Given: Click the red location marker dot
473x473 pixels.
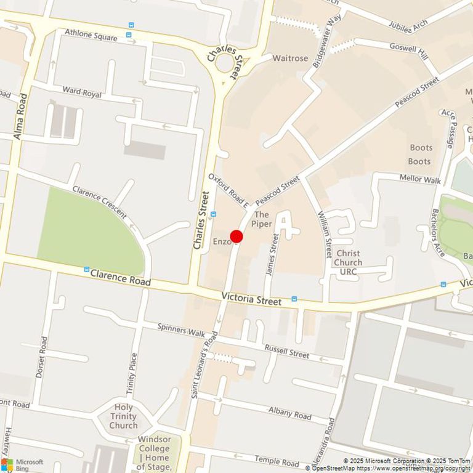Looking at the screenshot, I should pyautogui.click(x=236, y=236).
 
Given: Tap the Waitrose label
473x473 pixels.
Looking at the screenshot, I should pyautogui.click(x=290, y=59).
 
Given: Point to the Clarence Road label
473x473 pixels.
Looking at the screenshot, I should pyautogui.click(x=121, y=281).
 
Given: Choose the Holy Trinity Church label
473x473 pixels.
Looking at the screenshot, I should pyautogui.click(x=123, y=416).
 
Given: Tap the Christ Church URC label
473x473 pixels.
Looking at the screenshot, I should pyautogui.click(x=349, y=262).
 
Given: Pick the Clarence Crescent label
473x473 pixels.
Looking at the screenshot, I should pyautogui.click(x=99, y=202).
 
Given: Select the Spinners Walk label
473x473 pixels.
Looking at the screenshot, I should pyautogui.click(x=181, y=331).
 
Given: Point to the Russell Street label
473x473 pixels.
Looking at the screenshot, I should pyautogui.click(x=286, y=351).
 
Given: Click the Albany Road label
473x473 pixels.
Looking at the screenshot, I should pyautogui.click(x=289, y=412).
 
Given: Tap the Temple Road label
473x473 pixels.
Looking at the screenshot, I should pyautogui.click(x=277, y=461).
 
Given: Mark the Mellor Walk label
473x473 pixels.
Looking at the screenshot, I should pyautogui.click(x=420, y=179).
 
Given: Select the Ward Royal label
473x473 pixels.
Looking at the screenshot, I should pyautogui.click(x=81, y=93).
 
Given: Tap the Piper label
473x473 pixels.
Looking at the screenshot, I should pyautogui.click(x=262, y=219).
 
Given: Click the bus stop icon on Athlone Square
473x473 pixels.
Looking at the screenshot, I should pyautogui.click(x=131, y=25).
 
